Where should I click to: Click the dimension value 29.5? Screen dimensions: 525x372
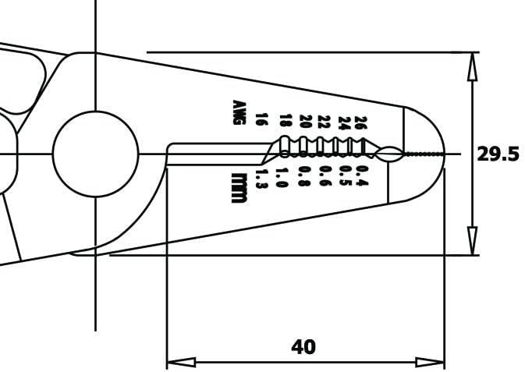(x=498, y=154)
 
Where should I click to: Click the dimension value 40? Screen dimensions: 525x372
(x=303, y=347)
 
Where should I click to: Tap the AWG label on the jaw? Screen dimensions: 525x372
(x=239, y=112)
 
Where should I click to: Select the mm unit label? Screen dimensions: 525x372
(x=239, y=188)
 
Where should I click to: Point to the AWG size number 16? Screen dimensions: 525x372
(x=261, y=120)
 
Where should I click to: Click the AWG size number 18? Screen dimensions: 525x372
(x=285, y=121)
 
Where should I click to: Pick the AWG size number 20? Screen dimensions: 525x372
(x=304, y=122)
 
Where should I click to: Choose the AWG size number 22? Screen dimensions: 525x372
(x=323, y=122)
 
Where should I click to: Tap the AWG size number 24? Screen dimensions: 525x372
(x=342, y=122)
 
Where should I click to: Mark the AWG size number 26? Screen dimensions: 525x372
(x=360, y=122)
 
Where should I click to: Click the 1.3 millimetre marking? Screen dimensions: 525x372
(x=261, y=179)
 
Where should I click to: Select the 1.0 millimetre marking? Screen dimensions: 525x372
(x=282, y=177)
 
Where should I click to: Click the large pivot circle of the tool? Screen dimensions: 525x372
(x=95, y=154)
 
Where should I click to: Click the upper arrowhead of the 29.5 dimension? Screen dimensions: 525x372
(x=472, y=66)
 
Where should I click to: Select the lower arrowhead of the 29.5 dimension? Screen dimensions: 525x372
(x=472, y=241)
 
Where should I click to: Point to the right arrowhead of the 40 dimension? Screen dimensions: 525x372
(x=431, y=362)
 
